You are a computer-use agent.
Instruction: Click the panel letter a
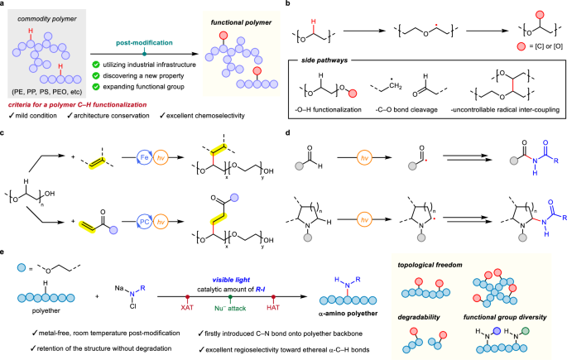tap(5, 6)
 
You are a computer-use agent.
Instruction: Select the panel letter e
tap(5, 248)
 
